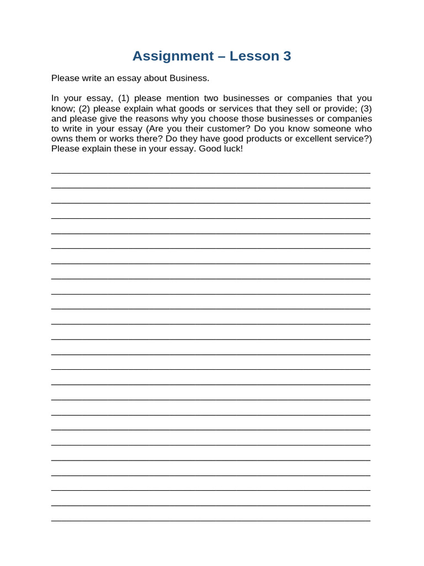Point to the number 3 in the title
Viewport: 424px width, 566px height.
(x=287, y=56)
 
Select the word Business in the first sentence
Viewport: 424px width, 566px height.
(x=189, y=78)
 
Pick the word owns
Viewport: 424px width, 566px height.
(x=61, y=139)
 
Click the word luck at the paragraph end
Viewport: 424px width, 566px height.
(x=233, y=149)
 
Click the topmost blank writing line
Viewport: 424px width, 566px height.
(x=211, y=172)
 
